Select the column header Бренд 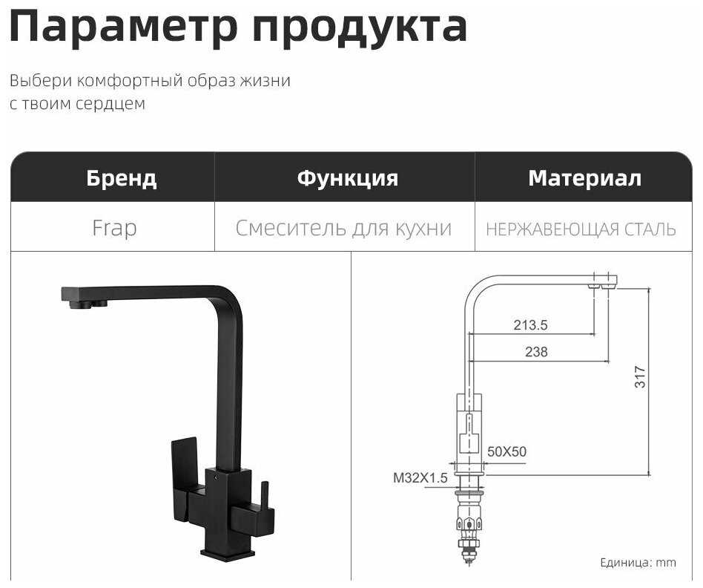click(x=122, y=178)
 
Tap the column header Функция click(x=347, y=178)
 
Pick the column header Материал click(x=584, y=178)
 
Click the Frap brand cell click(x=114, y=228)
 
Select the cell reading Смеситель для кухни click(x=343, y=228)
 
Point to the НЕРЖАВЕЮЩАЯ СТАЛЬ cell click(x=581, y=229)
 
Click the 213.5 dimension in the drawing click(x=530, y=324)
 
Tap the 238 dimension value click(x=536, y=352)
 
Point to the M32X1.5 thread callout click(x=420, y=478)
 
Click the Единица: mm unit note click(x=638, y=563)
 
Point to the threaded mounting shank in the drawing click(x=469, y=520)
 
